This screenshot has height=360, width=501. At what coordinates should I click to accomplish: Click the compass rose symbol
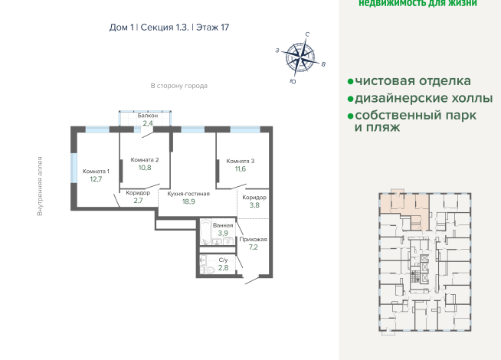click(302, 55)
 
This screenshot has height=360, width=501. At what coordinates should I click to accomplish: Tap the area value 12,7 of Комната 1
click(95, 179)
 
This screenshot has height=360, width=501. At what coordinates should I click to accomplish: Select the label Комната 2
click(145, 159)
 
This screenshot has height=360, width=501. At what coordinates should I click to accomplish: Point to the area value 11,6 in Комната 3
click(241, 169)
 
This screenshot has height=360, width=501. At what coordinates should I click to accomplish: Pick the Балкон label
click(148, 115)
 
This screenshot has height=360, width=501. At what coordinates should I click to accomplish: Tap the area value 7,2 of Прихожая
click(253, 248)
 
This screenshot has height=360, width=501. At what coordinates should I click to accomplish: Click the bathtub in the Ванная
click(205, 233)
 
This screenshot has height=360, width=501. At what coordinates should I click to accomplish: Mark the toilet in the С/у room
click(207, 269)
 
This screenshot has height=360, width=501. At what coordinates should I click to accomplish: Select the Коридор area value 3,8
click(254, 205)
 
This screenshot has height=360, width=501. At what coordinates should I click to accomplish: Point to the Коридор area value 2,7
click(138, 201)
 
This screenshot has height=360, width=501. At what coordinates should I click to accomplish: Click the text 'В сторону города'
click(178, 86)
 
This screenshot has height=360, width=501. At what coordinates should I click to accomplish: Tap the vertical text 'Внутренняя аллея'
click(40, 186)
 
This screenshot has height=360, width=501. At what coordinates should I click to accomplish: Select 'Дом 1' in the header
click(122, 27)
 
